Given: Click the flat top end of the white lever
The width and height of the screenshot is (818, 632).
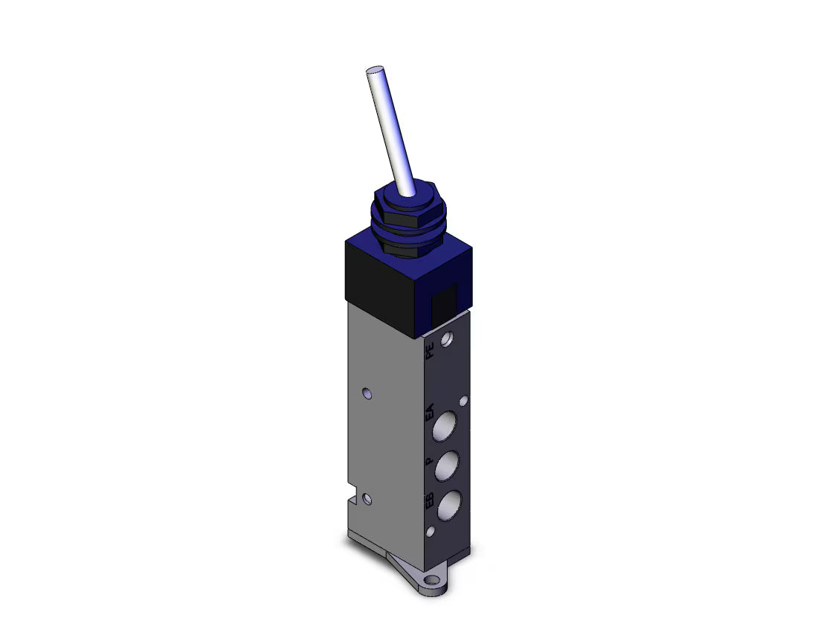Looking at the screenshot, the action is (x=375, y=70).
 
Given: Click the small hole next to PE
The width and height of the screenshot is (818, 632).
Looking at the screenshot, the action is (x=447, y=340).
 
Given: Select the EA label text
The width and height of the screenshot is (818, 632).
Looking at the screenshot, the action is (x=429, y=412).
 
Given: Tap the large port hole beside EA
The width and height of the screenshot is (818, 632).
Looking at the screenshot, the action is (x=445, y=425).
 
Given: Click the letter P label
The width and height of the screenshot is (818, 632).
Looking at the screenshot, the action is (x=429, y=461).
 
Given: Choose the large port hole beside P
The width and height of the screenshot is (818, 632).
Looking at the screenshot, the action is (x=447, y=465).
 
